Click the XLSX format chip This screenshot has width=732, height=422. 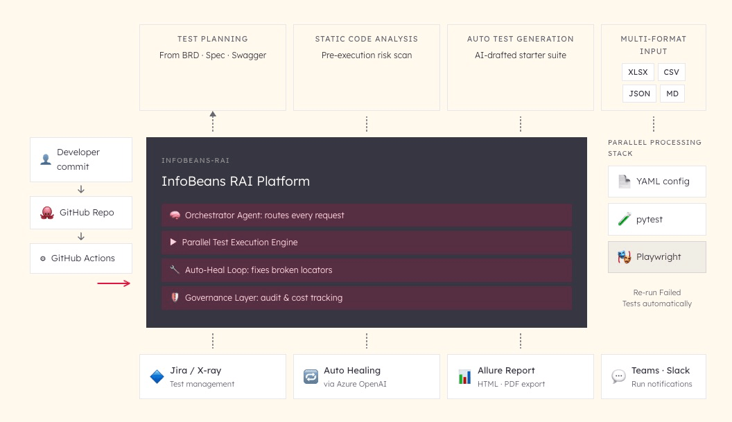(638, 72)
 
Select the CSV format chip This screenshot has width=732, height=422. (671, 72)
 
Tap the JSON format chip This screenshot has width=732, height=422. (639, 93)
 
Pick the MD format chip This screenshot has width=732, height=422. (672, 93)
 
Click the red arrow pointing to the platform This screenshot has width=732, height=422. (114, 283)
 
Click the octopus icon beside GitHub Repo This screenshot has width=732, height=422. (47, 213)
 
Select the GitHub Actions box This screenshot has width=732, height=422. (81, 258)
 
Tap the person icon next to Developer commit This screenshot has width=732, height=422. (46, 159)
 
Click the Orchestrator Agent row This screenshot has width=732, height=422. (367, 215)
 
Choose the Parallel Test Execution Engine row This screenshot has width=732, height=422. (367, 243)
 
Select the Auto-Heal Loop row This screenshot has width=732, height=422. (367, 270)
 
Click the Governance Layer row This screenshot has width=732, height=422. (367, 297)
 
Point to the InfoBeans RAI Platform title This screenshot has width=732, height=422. (236, 182)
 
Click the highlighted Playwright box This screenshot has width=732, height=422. (656, 256)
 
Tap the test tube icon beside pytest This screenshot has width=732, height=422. (623, 220)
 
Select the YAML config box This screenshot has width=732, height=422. (656, 182)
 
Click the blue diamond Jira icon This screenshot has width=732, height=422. (157, 377)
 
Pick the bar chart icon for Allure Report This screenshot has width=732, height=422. (464, 377)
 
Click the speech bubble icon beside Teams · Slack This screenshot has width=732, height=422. (618, 377)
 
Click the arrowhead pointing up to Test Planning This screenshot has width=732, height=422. (213, 114)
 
